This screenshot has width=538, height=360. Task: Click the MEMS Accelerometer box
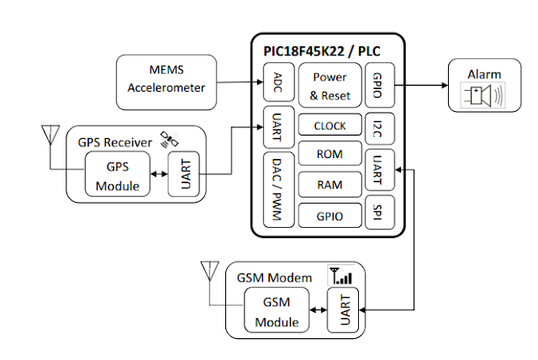coord(166,81)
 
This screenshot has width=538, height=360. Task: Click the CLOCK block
coord(330,125)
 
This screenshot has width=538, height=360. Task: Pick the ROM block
coord(330,156)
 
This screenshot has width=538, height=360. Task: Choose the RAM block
coord(330,185)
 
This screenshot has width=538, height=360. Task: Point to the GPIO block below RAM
coord(330,215)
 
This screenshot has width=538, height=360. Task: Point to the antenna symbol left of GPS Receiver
coord(49,137)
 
